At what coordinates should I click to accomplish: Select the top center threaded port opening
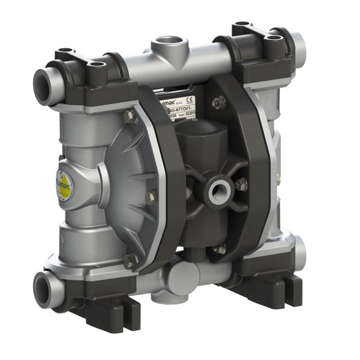162,45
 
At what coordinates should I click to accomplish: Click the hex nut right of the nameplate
218,102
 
